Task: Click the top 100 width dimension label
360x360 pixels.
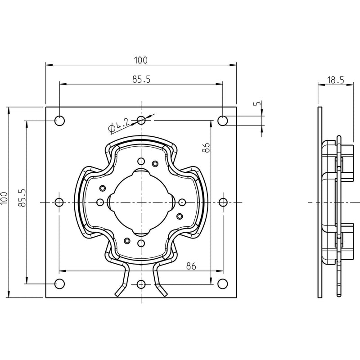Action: point(141,60)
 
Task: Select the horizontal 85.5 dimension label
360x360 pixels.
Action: point(141,79)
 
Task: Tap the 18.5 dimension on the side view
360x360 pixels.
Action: point(336,80)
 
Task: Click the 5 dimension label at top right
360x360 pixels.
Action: point(257,103)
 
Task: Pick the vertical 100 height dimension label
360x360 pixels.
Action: point(4,198)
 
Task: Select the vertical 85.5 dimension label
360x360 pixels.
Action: point(22,198)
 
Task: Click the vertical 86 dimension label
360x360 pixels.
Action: point(206,148)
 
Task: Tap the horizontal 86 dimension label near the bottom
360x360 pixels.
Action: point(191,266)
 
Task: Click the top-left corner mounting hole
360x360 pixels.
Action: point(60,121)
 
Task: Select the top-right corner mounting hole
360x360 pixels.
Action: point(222,121)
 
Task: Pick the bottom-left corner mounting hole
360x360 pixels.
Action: point(60,284)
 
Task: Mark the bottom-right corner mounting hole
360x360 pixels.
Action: point(222,284)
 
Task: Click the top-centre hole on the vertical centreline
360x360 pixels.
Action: point(141,120)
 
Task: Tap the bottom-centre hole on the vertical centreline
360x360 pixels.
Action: point(141,284)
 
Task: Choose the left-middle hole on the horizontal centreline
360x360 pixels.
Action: point(59,202)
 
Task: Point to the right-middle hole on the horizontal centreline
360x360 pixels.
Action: point(223,202)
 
